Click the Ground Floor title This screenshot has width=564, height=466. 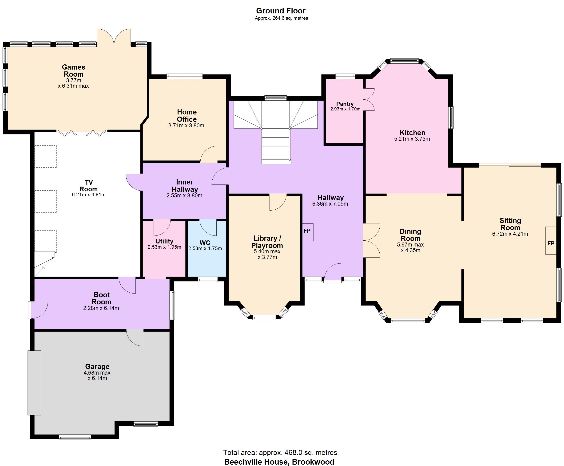[x=281, y=11]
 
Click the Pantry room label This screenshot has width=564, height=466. [x=345, y=104]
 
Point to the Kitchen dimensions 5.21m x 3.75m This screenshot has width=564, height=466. [x=412, y=139]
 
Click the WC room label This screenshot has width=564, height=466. [x=205, y=243]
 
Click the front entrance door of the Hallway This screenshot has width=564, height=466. [x=333, y=273]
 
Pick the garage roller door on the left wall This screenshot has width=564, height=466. [x=34, y=383]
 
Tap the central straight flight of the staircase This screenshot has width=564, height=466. [x=276, y=146]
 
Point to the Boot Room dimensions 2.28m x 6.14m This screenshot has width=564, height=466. [x=101, y=308]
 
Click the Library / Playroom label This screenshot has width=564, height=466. [x=267, y=242]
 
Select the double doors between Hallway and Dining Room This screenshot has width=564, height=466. [x=371, y=240]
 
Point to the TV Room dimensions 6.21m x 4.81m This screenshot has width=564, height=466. [x=89, y=195]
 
